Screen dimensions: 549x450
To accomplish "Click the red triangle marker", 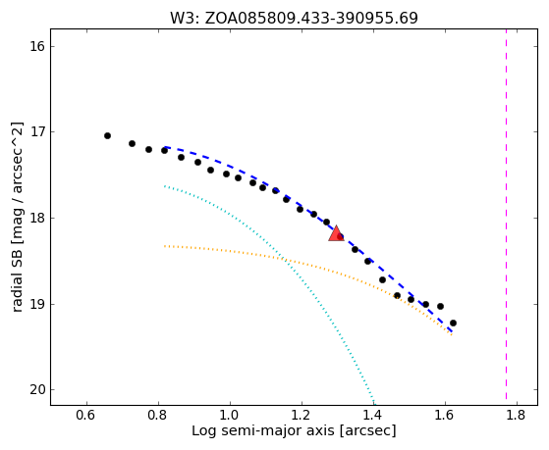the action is [336, 233].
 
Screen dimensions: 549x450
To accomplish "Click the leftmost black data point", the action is [107, 135].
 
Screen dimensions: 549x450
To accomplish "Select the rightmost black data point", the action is [453, 323].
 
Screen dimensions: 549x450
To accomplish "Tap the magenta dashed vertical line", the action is [507, 214].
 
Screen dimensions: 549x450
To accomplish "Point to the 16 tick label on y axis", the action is [36, 46].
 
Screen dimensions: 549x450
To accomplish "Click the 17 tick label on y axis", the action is [36, 131].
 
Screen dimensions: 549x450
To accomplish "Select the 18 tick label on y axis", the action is [36, 218].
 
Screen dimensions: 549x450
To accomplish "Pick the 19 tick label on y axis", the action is [36, 304].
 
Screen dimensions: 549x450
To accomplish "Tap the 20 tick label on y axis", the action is [36, 389].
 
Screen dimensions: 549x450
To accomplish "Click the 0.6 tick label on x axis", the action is [86, 415].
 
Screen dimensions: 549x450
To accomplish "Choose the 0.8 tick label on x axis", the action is [158, 415].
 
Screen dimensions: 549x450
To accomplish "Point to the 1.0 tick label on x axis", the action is [230, 415].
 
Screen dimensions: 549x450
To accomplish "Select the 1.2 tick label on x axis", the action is [302, 415].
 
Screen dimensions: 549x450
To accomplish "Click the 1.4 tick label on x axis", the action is [373, 415].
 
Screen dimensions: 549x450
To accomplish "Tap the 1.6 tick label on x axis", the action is [445, 415].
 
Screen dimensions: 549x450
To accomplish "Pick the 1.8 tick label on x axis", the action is [517, 415].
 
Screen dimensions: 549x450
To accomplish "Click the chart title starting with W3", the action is [294, 18].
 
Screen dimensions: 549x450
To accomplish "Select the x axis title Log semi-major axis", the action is [294, 430].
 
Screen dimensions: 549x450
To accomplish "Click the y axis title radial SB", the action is [17, 217].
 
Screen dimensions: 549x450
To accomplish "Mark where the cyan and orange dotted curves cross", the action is [284, 260].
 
